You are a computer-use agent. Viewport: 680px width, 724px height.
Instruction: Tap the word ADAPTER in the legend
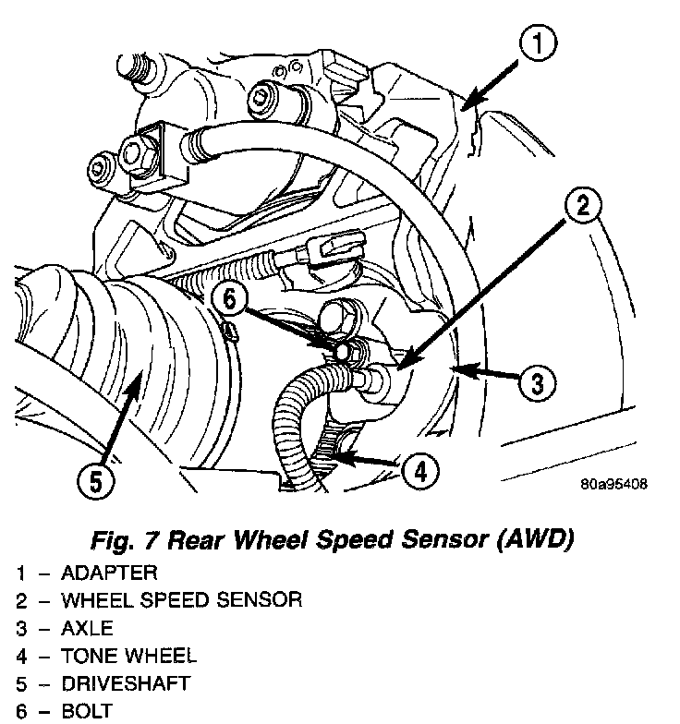109,573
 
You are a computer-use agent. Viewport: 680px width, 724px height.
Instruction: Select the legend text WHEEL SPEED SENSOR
181,601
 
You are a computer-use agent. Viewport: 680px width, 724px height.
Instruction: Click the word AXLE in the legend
88,629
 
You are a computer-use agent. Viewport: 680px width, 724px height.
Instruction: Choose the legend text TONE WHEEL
128,657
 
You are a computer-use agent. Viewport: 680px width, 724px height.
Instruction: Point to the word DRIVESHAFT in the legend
126,684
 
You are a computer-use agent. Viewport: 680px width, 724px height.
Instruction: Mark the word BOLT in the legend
87,712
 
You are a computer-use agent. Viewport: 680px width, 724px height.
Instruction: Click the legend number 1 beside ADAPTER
20,573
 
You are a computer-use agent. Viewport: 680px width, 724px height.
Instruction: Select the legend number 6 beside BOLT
20,712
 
